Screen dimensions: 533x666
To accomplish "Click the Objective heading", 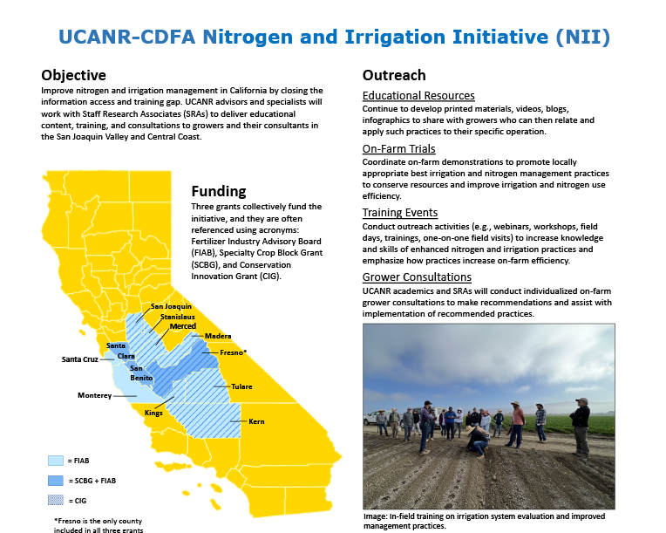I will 74,75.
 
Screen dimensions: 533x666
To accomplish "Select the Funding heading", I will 219,191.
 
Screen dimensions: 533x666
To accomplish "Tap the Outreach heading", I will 394,75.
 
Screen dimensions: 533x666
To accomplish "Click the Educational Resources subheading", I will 418,96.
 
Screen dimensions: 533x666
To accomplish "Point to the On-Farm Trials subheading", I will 398,149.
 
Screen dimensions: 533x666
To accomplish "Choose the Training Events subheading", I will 400,212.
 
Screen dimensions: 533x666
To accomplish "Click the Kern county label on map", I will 256,421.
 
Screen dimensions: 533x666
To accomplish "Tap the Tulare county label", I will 242,385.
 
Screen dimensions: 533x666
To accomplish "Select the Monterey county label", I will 94,396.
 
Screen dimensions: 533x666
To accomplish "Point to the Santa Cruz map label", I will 78,359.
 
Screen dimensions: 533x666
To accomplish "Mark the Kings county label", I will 153,413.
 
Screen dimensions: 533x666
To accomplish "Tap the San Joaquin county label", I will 171,307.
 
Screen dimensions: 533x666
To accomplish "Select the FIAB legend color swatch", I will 55,460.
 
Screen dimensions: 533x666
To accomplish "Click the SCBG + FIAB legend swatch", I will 55,481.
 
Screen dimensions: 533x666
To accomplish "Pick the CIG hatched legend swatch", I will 55,501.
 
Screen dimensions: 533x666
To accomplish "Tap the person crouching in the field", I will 477,441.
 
